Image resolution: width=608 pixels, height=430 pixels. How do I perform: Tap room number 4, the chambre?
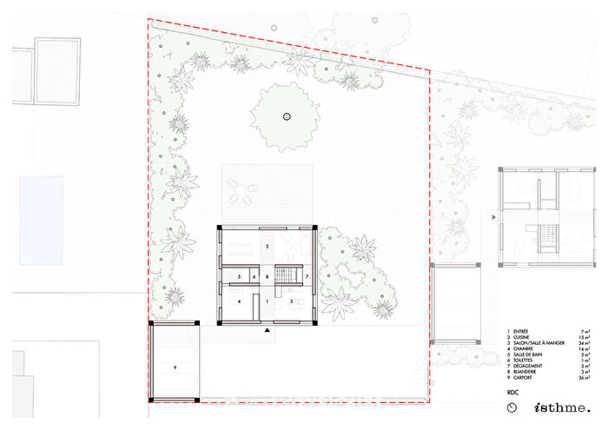coord(238,302)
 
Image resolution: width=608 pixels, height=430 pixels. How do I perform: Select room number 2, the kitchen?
coord(291,302)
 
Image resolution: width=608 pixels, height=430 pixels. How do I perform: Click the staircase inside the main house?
coord(283,276)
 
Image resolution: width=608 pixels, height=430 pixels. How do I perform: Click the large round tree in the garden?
coord(283,115)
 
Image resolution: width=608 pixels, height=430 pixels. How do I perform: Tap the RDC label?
coord(512,394)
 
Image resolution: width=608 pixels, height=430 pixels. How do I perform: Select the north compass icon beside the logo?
coord(512,407)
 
